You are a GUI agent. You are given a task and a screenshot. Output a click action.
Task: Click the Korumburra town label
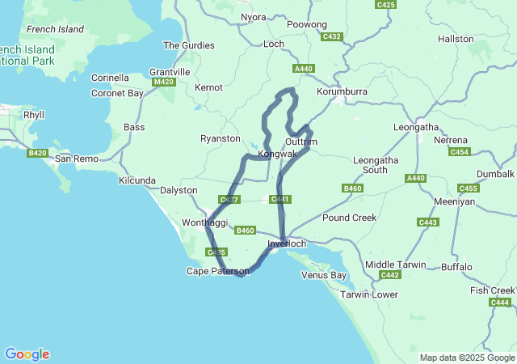point(342,92)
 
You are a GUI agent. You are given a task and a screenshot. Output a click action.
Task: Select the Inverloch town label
point(287,243)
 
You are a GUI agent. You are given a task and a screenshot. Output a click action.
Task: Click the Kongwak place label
point(277,154)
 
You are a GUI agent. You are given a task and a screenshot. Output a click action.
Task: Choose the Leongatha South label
point(376,165)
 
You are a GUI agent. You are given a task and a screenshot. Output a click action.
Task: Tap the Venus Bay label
point(323,275)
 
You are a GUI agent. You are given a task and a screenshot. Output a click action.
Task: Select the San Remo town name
point(76,159)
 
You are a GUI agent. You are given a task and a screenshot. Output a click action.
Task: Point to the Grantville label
point(170,72)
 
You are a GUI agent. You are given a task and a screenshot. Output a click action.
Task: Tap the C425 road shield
point(386,5)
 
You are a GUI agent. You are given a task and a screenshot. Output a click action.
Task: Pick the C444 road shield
point(500,302)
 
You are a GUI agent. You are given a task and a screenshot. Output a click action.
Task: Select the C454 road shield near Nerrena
point(460,151)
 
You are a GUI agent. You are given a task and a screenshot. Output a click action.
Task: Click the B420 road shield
point(37,153)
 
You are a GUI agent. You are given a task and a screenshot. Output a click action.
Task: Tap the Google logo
point(27,354)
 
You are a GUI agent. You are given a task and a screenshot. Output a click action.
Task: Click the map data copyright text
point(467,358)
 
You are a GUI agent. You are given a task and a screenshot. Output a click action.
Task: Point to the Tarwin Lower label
point(369,294)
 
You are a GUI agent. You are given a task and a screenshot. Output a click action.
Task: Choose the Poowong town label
point(307,25)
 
